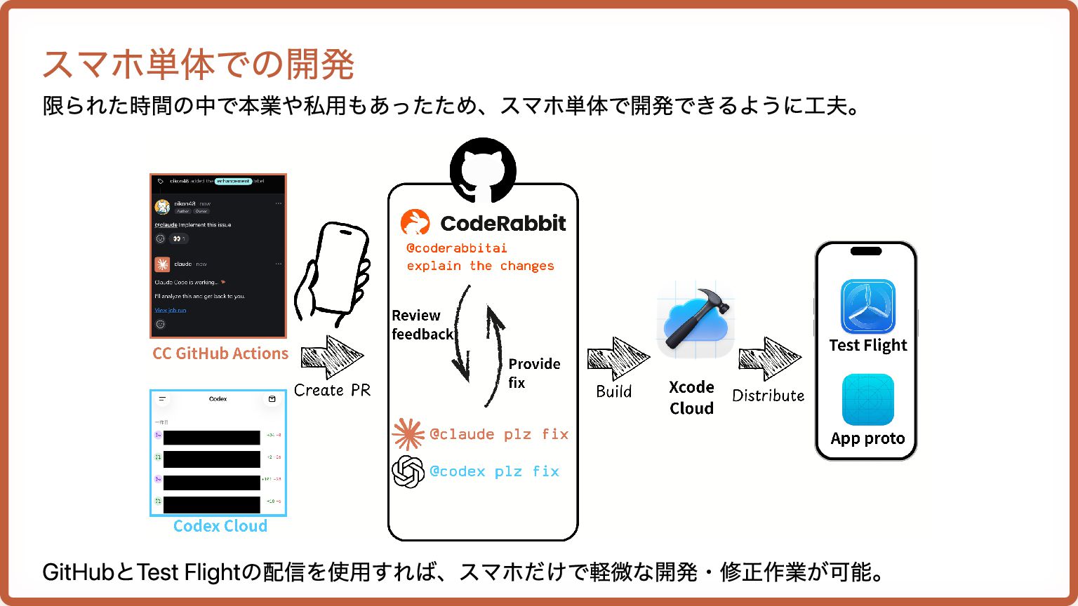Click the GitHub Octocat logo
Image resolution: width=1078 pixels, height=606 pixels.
[x=483, y=169]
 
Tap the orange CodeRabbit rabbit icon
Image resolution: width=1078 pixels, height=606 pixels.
[x=415, y=223]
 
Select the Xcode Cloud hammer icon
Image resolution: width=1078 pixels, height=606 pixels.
[x=695, y=319]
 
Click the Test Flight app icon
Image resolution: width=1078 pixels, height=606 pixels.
[x=868, y=307]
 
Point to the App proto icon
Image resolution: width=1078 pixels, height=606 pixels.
[x=868, y=400]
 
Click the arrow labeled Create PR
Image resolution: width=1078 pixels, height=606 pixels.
[x=332, y=358]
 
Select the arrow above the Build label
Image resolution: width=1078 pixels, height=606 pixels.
[x=618, y=358]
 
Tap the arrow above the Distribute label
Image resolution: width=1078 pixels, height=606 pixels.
[x=769, y=359]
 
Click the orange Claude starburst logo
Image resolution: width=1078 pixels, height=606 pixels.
[x=408, y=434]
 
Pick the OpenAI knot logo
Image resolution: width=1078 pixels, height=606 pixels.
[x=408, y=471]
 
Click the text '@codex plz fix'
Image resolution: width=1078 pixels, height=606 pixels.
[x=494, y=471]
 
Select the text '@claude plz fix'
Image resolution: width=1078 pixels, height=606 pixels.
[x=499, y=434]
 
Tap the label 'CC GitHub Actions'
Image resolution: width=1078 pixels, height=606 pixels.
[x=220, y=353]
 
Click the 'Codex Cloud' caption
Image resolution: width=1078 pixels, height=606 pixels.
[x=220, y=526]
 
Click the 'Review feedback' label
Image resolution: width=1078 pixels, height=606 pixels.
[x=422, y=325]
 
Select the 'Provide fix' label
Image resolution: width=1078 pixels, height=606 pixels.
[x=534, y=373]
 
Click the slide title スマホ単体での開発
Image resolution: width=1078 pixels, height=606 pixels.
[x=198, y=65]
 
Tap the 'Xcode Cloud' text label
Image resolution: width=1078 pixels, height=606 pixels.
[x=691, y=398]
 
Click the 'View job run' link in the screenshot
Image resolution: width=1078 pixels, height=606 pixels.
[x=171, y=310]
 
